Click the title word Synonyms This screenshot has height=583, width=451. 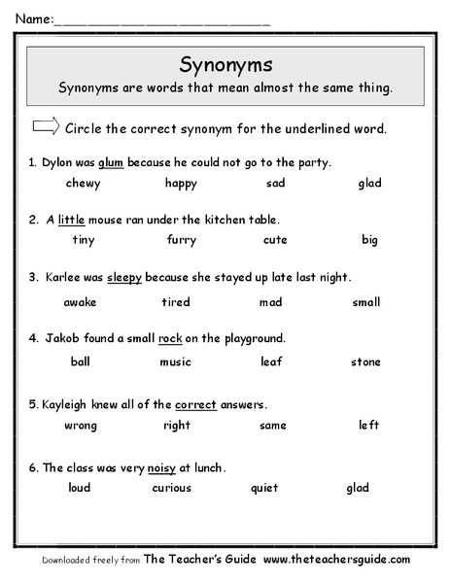[225, 64]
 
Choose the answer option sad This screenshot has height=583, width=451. [275, 183]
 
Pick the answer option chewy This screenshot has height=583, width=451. [83, 183]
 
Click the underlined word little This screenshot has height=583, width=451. [73, 219]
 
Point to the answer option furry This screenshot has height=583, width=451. [181, 240]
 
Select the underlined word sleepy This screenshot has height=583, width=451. [125, 277]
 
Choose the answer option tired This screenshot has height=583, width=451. [176, 302]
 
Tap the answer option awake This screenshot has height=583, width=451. [80, 302]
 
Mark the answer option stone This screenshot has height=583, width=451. [366, 362]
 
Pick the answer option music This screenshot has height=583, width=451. [176, 362]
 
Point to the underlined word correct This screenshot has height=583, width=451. [195, 403]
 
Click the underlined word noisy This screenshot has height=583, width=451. [161, 467]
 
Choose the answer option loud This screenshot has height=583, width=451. [79, 488]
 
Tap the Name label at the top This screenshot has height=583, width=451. [30, 18]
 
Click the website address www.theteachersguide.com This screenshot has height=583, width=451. [335, 561]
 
